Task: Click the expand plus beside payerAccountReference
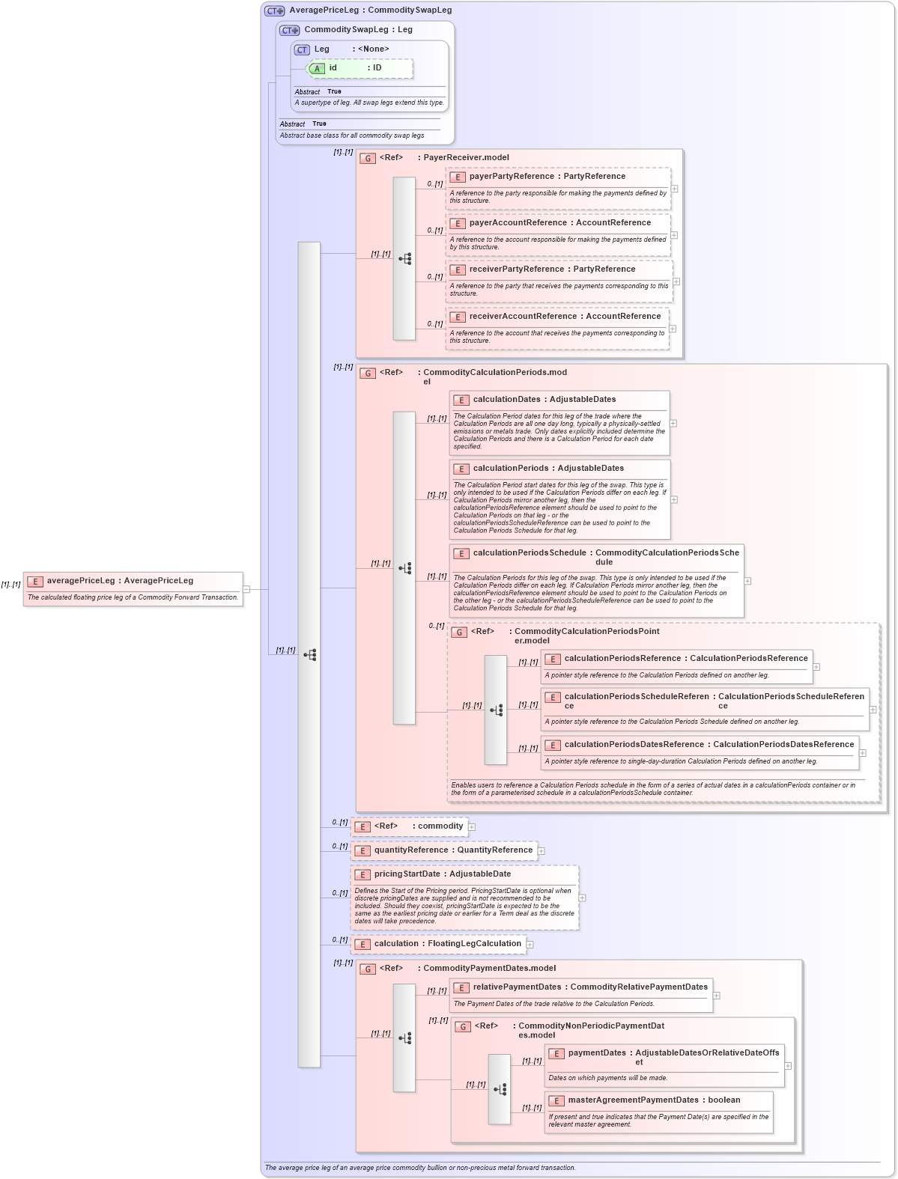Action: (674, 235)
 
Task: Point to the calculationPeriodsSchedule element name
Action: (530, 553)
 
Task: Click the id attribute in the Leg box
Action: (333, 68)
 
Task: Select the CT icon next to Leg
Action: (302, 49)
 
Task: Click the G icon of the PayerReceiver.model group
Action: (368, 158)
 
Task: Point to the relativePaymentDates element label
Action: (517, 987)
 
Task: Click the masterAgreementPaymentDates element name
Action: (633, 1100)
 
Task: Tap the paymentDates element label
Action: (597, 1053)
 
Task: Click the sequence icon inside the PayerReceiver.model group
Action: (404, 259)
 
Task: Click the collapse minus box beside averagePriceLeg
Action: (246, 589)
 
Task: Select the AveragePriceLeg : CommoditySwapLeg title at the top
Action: (370, 10)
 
